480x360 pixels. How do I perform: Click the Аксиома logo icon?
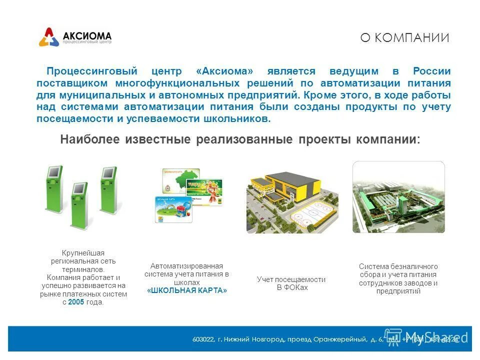[x=49, y=37]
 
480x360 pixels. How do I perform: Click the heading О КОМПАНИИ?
[x=404, y=38]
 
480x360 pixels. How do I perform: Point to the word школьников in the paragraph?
[x=239, y=119]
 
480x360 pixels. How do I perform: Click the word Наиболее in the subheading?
[x=90, y=139]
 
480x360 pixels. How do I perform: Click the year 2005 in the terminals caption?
[x=76, y=302]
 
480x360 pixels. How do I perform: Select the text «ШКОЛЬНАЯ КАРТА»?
[x=187, y=290]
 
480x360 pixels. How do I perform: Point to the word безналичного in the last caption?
[x=413, y=266]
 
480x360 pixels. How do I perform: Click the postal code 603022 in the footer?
[x=203, y=339]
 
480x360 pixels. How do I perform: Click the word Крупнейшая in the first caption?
[x=83, y=253]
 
